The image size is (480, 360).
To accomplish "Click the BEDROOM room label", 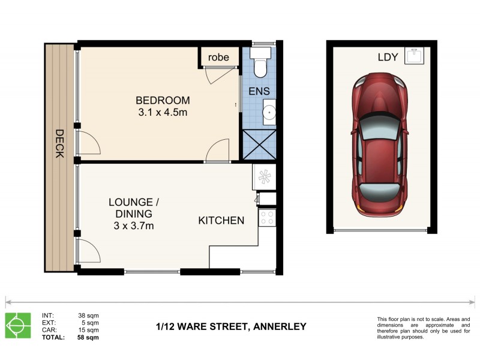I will [x=162, y=100].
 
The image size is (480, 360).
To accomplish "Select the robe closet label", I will [x=218, y=58].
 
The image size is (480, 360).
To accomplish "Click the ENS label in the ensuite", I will [x=259, y=92].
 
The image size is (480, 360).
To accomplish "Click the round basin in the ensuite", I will [x=269, y=112].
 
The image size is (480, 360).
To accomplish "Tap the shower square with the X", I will [x=259, y=145].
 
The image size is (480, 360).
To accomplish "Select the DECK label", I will [x=59, y=144].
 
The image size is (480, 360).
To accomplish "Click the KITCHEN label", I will [x=221, y=220].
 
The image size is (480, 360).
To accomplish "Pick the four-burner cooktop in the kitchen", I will [x=266, y=218].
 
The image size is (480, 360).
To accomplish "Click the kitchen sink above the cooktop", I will [x=265, y=176].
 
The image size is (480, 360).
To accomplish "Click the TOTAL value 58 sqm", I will [x=88, y=338].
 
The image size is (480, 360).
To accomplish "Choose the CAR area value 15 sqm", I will [x=88, y=330].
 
